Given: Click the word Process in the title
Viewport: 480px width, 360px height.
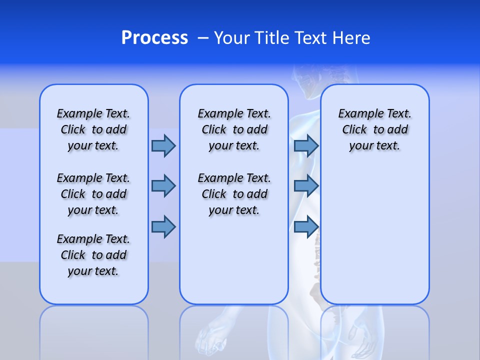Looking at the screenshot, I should tap(154, 37).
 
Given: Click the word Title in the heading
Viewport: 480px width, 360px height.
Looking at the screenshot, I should tap(273, 38).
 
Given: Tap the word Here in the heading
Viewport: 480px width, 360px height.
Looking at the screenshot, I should tap(351, 38).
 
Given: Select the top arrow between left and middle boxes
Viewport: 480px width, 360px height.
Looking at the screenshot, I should tap(163, 145).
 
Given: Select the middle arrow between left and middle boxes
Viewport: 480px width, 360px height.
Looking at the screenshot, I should tap(163, 186).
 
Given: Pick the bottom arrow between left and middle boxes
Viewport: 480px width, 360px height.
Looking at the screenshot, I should tap(163, 227).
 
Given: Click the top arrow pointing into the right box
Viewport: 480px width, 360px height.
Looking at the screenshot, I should tap(306, 145).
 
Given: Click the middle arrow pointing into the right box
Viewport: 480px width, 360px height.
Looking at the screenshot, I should tap(306, 186).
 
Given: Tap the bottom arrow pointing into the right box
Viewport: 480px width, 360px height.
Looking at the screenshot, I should tap(306, 227).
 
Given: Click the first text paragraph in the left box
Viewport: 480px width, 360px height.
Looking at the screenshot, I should tap(93, 129).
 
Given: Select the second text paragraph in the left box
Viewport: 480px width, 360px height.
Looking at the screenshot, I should tap(93, 194).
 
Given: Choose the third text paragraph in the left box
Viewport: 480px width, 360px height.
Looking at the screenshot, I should tap(93, 255).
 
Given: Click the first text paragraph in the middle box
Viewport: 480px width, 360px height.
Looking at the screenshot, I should tap(234, 129).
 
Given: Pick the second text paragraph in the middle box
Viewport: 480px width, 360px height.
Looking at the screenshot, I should tap(234, 194).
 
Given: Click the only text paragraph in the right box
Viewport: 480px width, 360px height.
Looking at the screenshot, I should tap(374, 129).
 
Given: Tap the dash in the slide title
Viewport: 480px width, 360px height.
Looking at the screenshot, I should tap(203, 38).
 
